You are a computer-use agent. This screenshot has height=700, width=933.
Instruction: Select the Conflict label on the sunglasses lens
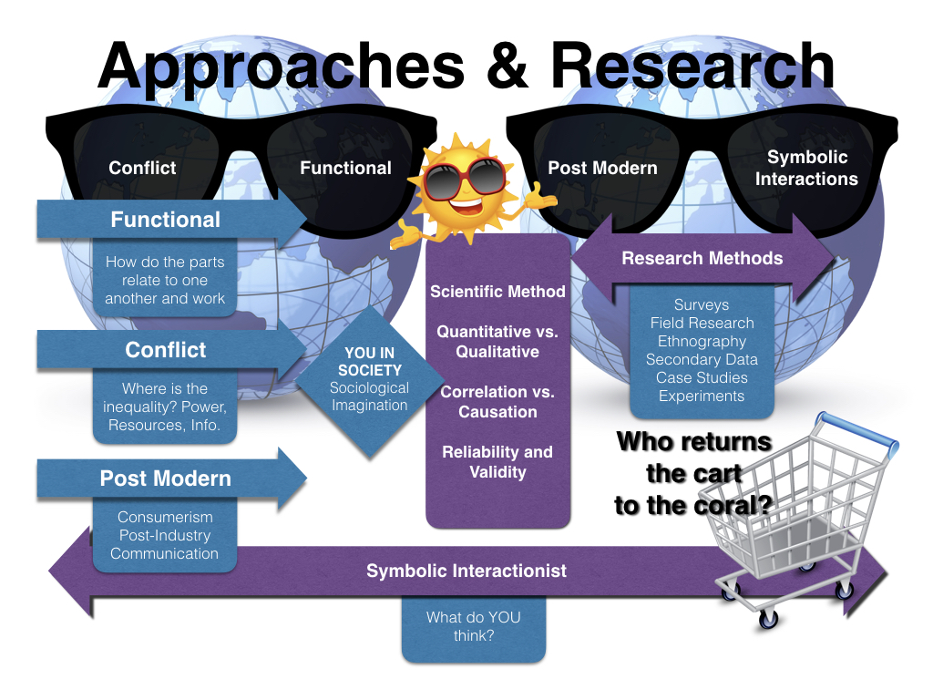pos(142,168)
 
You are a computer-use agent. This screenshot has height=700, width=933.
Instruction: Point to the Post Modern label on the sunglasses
pos(602,168)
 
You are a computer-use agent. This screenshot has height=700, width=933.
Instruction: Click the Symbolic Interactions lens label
pos(806,169)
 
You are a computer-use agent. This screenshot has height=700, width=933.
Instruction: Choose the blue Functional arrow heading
pos(165,220)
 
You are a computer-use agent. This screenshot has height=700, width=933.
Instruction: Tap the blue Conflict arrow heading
pos(165,350)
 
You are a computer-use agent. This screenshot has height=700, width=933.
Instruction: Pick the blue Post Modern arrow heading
pos(165,479)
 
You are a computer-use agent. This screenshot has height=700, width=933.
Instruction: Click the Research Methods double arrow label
pos(702,258)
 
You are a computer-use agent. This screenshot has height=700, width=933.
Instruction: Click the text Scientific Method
pos(497,292)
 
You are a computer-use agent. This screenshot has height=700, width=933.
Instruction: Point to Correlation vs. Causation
pos(497,402)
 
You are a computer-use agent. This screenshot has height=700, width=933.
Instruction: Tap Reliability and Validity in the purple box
pos(497,462)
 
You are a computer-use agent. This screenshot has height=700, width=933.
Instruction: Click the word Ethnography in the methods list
pos(702,342)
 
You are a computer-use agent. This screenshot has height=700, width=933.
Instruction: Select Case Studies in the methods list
pos(702,378)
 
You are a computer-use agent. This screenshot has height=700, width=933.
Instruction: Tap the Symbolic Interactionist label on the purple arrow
pos(466,571)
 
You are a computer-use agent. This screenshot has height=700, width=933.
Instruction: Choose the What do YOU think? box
pos(473,626)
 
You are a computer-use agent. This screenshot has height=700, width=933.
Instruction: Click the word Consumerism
pos(165,518)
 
